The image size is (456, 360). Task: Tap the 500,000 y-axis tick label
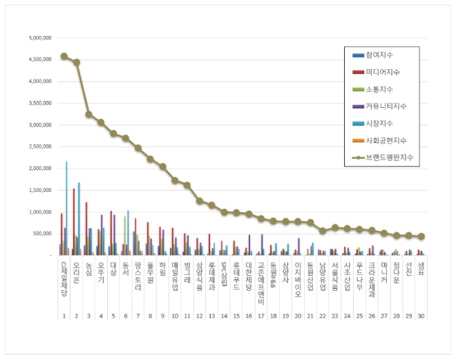41,234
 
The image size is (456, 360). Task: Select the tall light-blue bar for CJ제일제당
66,208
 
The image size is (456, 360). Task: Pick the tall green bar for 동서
124,236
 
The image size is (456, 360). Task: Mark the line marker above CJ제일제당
64,57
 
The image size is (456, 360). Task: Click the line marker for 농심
89,114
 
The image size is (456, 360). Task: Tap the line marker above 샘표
421,236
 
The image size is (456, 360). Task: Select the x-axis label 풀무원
150,272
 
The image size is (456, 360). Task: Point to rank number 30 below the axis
421,316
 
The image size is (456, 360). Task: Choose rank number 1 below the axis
64,316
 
